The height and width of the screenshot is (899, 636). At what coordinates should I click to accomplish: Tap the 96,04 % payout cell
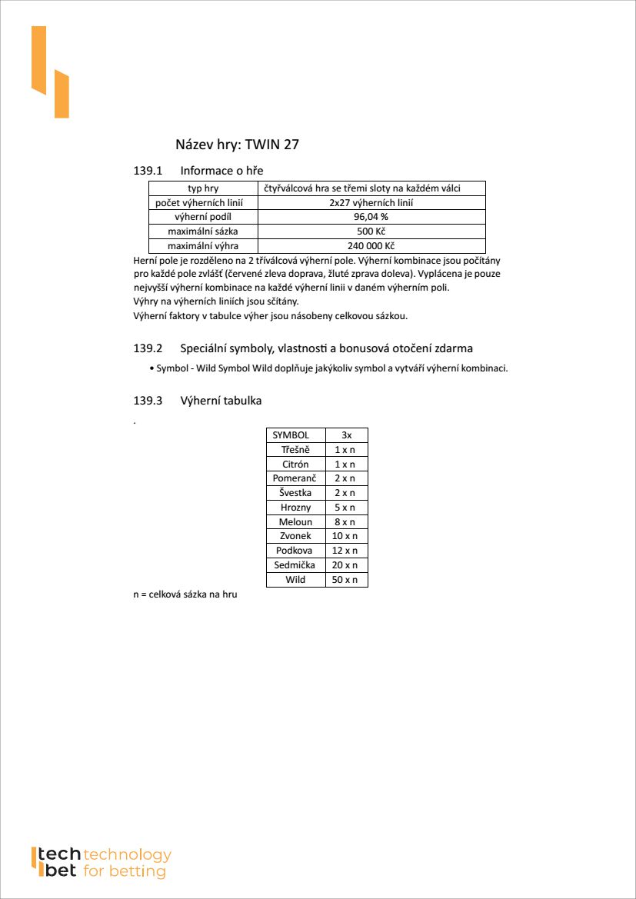(371, 217)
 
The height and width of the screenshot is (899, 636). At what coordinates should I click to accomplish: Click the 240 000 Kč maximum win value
(371, 246)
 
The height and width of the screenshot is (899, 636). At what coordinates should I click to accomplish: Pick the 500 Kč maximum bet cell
(371, 231)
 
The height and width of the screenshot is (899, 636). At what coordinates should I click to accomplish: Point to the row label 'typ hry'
(203, 188)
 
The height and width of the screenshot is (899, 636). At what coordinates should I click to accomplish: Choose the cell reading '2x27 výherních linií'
(371, 203)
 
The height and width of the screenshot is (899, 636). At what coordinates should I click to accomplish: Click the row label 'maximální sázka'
(203, 231)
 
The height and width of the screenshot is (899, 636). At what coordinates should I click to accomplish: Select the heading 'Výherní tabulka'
(221, 401)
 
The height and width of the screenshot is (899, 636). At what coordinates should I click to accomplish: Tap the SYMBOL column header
(295, 435)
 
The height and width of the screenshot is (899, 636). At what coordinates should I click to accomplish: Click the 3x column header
(347, 435)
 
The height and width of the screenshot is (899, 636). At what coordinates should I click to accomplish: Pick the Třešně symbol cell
(295, 450)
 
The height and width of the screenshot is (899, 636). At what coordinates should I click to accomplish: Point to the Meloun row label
(295, 522)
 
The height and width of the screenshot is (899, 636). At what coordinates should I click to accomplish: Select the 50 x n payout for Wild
(347, 580)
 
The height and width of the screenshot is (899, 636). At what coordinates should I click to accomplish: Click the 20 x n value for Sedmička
(347, 565)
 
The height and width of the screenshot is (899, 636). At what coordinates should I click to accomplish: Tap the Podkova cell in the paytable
(295, 551)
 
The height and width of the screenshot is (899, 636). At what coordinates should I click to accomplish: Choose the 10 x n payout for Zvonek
(347, 536)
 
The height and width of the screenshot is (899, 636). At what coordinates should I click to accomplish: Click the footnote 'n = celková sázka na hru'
(185, 594)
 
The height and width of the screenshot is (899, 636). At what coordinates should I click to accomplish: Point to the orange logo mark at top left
(50, 72)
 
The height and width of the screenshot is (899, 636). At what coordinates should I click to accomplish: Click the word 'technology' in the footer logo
(127, 855)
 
